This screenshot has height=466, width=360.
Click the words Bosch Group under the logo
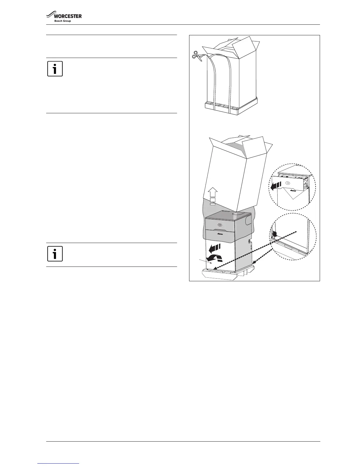click(63, 21)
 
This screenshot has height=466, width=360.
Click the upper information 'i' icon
click(55, 69)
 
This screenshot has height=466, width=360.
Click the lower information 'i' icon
click(55, 254)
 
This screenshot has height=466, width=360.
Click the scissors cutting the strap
click(197, 56)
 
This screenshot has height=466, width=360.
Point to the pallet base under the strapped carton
click(231, 109)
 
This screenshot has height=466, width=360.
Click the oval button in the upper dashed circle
click(288, 183)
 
